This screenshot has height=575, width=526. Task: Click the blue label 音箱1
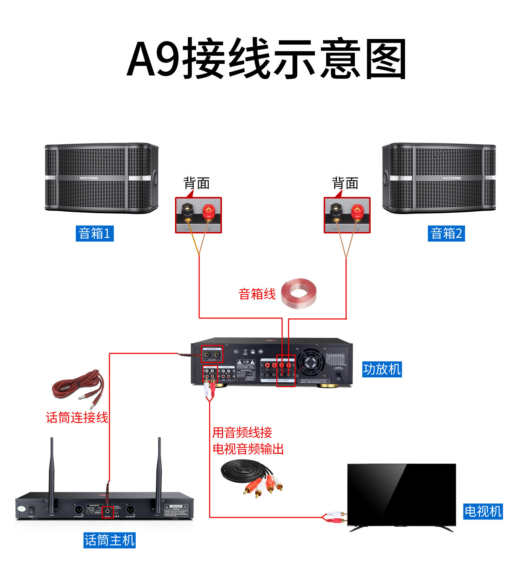[x=95, y=233]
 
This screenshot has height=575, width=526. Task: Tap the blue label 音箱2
[x=446, y=233]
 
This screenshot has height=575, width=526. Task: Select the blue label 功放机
[x=382, y=369]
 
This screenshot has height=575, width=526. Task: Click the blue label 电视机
[x=483, y=511]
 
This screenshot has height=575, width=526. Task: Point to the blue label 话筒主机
[x=109, y=540]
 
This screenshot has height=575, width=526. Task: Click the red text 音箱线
[x=257, y=294]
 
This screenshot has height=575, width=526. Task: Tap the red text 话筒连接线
[x=77, y=417]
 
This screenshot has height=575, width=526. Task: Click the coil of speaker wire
[x=299, y=293]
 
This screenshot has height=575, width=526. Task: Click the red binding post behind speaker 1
[x=209, y=212]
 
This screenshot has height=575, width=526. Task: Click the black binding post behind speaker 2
[x=336, y=212]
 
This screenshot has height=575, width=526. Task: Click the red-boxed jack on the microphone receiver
[x=107, y=512]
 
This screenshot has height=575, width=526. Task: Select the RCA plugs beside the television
[x=336, y=517]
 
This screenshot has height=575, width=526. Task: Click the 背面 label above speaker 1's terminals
[x=197, y=183]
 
